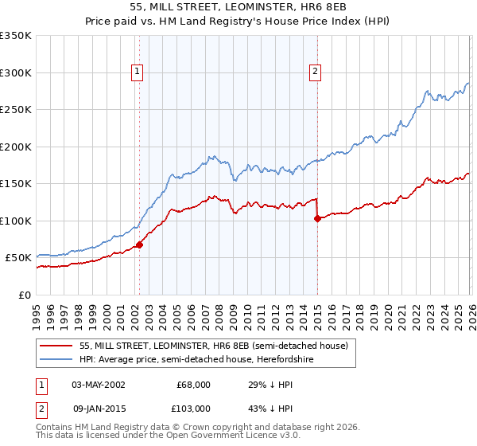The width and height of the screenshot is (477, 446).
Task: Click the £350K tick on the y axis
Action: [x=16, y=36]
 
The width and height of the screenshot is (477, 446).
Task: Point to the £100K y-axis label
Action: [x=16, y=221]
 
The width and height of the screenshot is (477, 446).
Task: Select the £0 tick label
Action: [x=25, y=295]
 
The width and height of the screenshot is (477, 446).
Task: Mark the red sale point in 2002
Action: [x=139, y=245]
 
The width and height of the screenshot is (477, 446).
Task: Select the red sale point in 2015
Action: [x=317, y=218]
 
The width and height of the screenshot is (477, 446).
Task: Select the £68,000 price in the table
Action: [x=193, y=385]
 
